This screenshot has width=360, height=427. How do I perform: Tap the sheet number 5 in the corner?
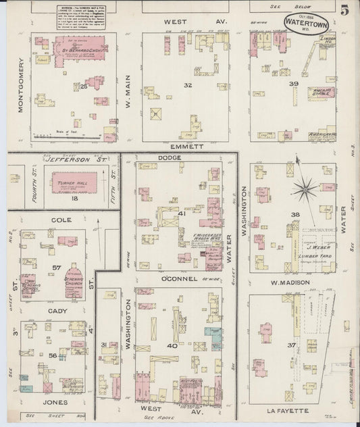click(344, 11)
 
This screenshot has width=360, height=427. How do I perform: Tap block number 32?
click(188, 84)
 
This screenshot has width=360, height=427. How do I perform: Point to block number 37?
click(292, 346)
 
